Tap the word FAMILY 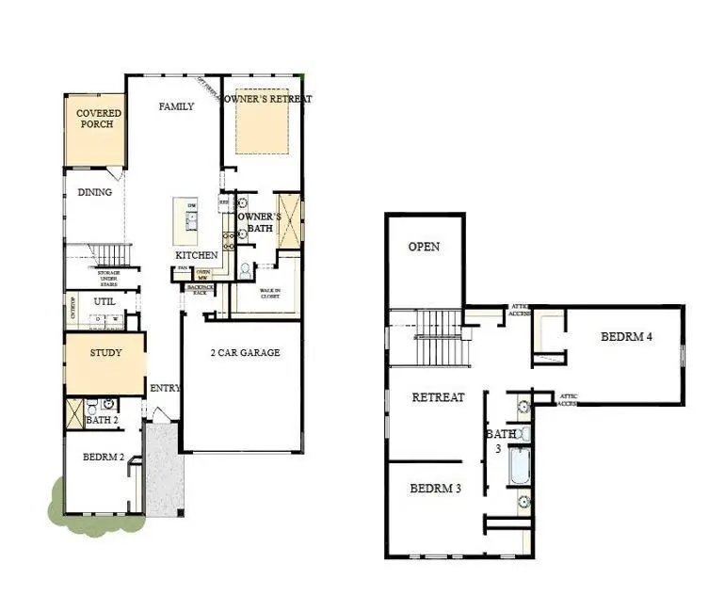176,106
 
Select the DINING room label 94,192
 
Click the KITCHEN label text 197,255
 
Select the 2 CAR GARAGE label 245,353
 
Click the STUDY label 106,353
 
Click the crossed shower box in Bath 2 74,411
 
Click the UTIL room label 104,301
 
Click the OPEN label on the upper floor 424,247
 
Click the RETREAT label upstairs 438,396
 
